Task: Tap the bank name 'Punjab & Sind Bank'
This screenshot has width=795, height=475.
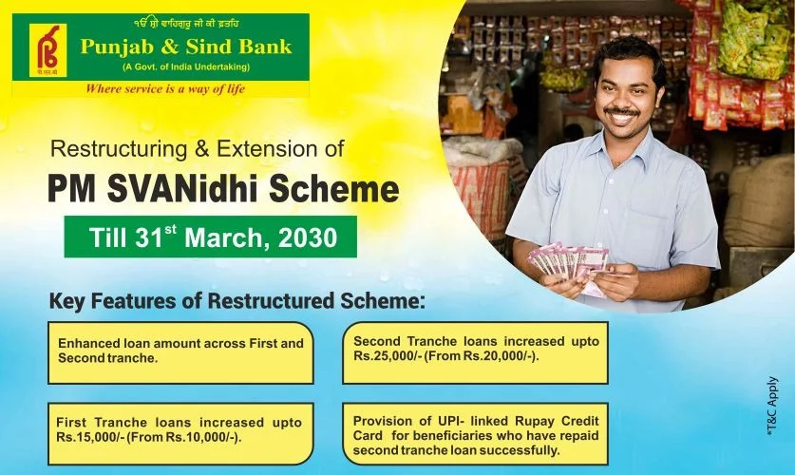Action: [x=186, y=47]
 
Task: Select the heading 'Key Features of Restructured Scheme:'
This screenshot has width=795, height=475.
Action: [x=237, y=302]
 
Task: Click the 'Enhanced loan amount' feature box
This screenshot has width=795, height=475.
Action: [x=180, y=351]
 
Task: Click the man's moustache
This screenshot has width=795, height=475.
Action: [x=621, y=111]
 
